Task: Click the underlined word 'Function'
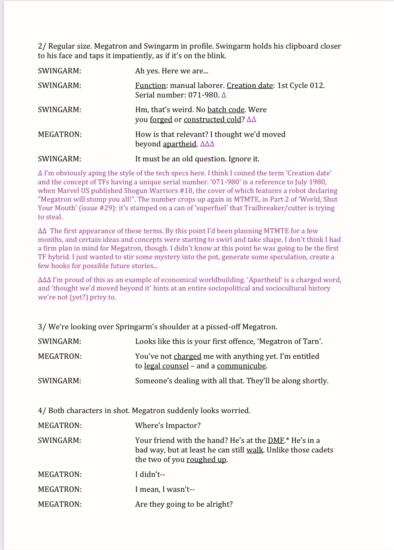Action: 150,86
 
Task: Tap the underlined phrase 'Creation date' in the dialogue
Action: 250,86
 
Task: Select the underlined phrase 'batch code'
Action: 226,110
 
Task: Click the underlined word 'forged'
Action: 161,120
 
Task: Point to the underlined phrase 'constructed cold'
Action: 212,120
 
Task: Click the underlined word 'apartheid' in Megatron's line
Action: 179,144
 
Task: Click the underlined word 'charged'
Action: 187,356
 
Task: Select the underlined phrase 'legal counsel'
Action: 166,366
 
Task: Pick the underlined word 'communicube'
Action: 241,366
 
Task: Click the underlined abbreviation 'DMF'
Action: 276,441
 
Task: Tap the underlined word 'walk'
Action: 255,450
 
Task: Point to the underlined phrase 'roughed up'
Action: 206,460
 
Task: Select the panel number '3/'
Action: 42,327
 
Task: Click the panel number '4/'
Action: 42,411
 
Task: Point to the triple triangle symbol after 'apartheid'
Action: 207,144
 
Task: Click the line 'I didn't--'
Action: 150,475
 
